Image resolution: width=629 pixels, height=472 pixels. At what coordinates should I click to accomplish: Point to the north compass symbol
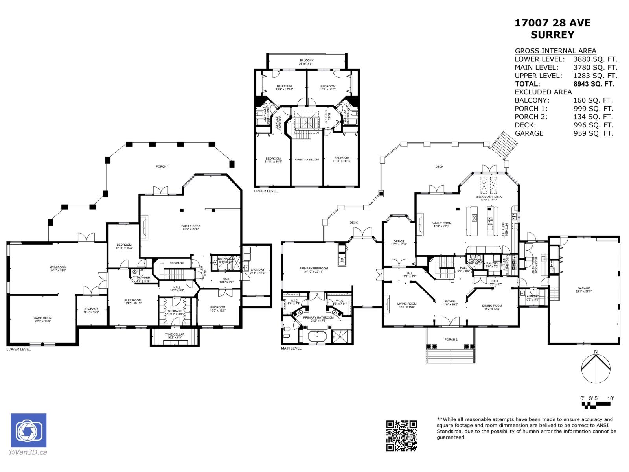click(596, 368)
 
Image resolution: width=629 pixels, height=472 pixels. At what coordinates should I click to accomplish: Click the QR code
click(401, 435)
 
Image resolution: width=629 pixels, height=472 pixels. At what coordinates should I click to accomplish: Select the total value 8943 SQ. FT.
click(594, 84)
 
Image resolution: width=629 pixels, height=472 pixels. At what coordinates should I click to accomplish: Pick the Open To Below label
click(307, 160)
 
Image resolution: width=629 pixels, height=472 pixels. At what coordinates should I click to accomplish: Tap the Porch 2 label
click(451, 339)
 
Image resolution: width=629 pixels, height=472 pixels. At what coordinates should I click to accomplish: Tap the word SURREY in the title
click(552, 35)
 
